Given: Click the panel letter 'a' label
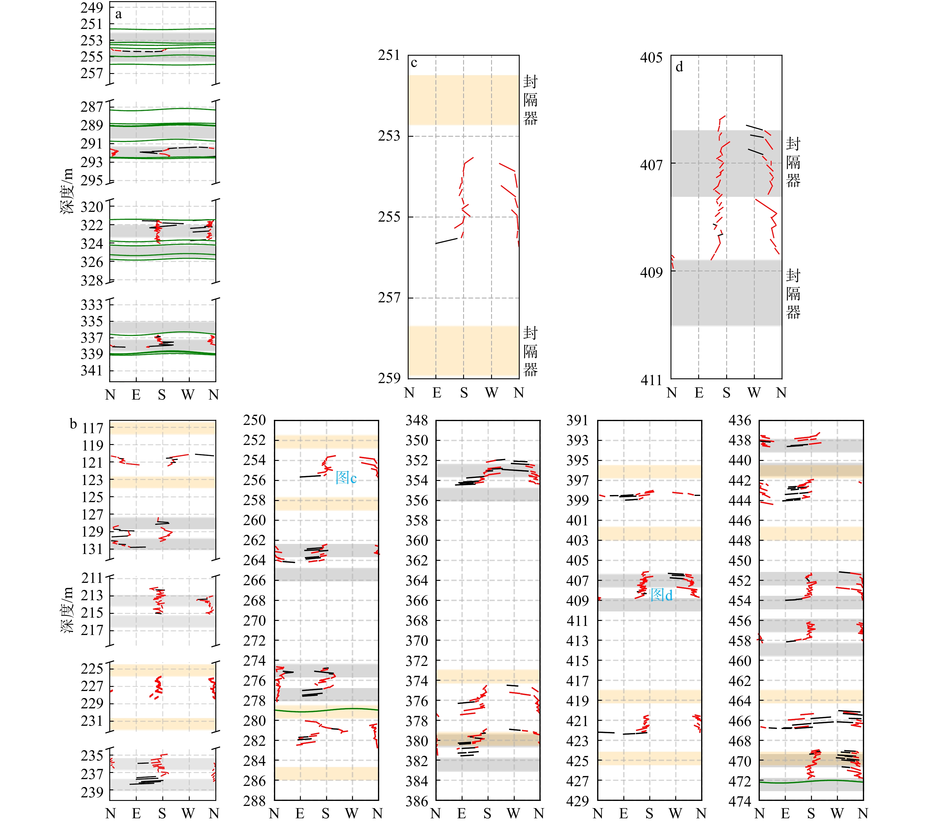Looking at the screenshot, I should pos(118,14).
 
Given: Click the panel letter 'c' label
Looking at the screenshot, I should pos(414,63).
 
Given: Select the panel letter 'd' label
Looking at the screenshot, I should pos(679,67).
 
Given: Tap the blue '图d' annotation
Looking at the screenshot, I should pos(661,595).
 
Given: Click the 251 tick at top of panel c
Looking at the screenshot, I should pos(389,55).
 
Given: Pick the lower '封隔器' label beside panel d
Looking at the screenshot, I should pos(793,294).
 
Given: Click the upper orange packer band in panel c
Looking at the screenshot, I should pos(463,100).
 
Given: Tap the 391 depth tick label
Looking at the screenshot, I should pos(577,420).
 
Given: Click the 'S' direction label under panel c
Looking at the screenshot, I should pos(463,393).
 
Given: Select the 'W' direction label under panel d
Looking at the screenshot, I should pos(754,393).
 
